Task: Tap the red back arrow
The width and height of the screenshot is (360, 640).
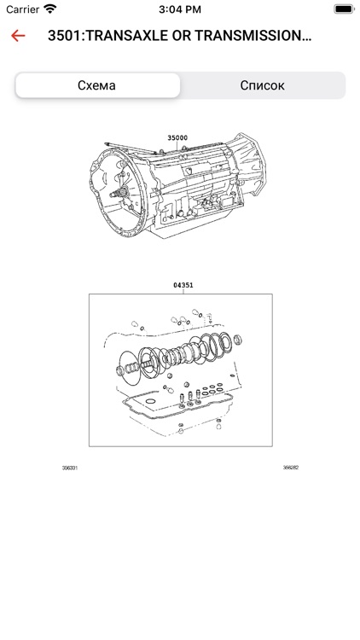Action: (18, 36)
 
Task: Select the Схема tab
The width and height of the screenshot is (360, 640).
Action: (97, 85)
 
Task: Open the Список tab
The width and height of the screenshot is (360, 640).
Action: (262, 85)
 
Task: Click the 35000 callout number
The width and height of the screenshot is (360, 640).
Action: (177, 138)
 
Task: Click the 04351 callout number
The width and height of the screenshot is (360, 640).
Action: (183, 285)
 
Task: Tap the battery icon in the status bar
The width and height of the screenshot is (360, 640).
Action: (343, 9)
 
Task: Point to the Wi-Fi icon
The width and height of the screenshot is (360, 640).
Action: (50, 9)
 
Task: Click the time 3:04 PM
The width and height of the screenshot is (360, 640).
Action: (180, 9)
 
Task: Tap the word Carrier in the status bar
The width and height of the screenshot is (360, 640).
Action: (23, 9)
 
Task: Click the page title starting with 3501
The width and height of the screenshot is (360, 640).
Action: (180, 36)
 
